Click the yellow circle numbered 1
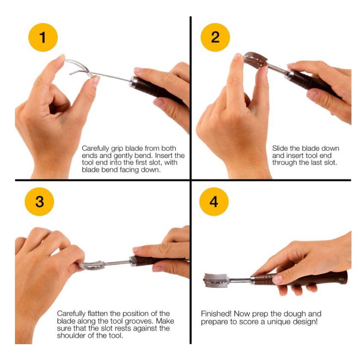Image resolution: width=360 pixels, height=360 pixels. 43,37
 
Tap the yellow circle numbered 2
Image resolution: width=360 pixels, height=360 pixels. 215,37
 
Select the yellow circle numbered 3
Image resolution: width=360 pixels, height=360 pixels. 39,202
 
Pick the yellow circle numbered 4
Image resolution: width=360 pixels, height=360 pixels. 214,202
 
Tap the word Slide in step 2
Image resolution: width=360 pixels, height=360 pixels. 280,148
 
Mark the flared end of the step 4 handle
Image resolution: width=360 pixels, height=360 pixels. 343,277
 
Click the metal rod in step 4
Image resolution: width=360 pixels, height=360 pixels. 240,280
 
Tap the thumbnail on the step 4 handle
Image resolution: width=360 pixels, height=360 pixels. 277,279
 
